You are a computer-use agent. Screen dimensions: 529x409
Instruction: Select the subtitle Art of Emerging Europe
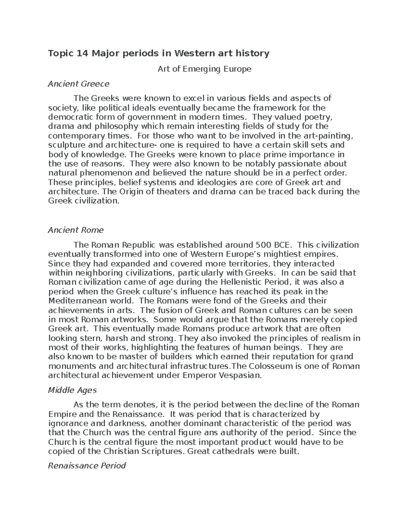pos(204,69)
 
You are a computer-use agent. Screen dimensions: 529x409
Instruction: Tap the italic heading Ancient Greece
pos(78,84)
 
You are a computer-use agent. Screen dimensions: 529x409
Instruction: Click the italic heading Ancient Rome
pos(76,230)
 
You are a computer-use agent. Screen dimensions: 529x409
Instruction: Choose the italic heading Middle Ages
pos(73,390)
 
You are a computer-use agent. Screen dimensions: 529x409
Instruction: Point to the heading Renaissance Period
pos(87,466)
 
